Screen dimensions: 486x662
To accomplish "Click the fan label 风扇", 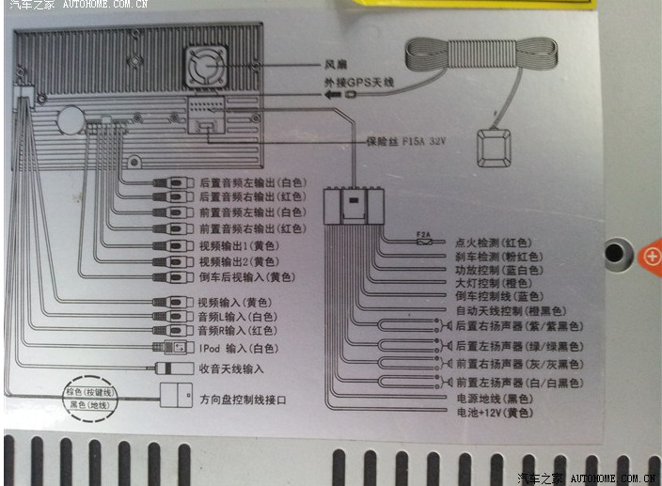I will click(338, 65).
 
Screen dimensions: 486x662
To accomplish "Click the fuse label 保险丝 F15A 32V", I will click(404, 142).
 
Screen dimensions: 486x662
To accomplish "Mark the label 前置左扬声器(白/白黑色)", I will click(519, 384).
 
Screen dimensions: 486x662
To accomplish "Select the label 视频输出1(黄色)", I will click(237, 245).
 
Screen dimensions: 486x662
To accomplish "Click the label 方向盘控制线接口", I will click(243, 400).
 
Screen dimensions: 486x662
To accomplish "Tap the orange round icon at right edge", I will click(651, 254).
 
